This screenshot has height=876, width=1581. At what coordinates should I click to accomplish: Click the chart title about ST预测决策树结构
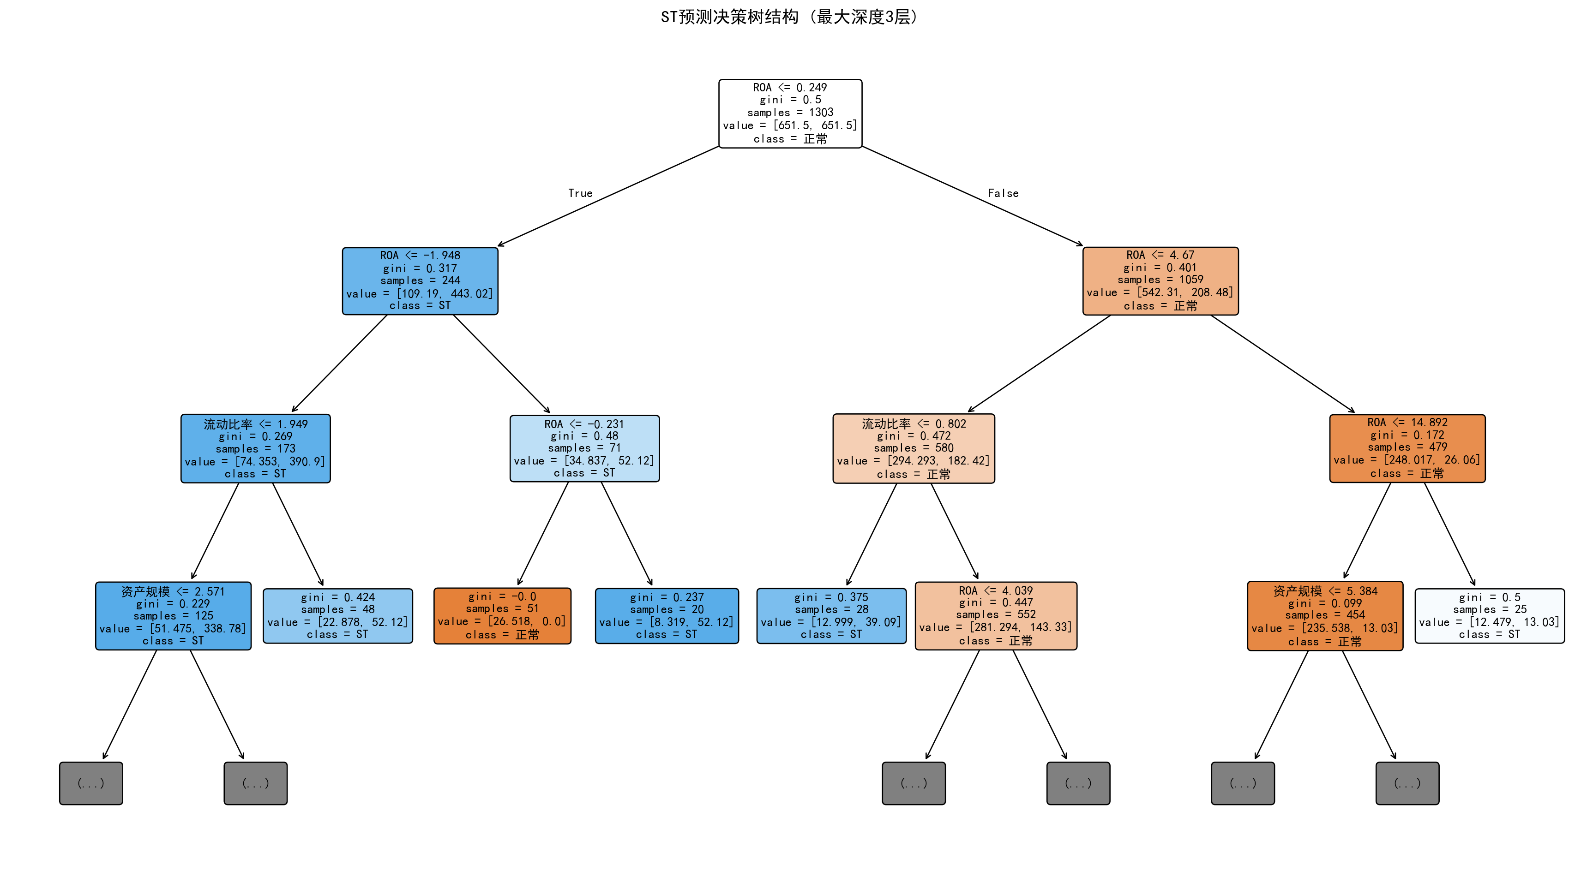(790, 17)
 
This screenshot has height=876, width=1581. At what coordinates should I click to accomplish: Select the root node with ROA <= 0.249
(790, 113)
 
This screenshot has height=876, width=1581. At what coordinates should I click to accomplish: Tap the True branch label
(580, 193)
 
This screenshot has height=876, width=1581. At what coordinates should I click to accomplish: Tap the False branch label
(1003, 193)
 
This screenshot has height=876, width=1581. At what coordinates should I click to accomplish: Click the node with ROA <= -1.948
(420, 281)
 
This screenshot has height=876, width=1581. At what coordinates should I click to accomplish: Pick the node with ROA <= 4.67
(1160, 281)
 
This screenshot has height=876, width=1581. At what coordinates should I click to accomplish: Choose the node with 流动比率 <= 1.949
(255, 448)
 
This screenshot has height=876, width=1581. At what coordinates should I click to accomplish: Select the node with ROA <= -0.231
(584, 448)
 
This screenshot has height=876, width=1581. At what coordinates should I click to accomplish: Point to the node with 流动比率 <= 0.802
(913, 448)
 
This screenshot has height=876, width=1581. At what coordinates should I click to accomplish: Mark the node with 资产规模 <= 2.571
(173, 616)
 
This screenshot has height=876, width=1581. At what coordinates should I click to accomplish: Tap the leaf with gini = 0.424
(337, 616)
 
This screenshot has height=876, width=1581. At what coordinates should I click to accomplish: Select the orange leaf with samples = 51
(502, 616)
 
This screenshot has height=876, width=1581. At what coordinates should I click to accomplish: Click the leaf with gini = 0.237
(667, 616)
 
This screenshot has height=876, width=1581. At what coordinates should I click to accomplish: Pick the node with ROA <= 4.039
(996, 616)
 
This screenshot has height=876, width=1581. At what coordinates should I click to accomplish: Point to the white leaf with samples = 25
(1489, 616)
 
